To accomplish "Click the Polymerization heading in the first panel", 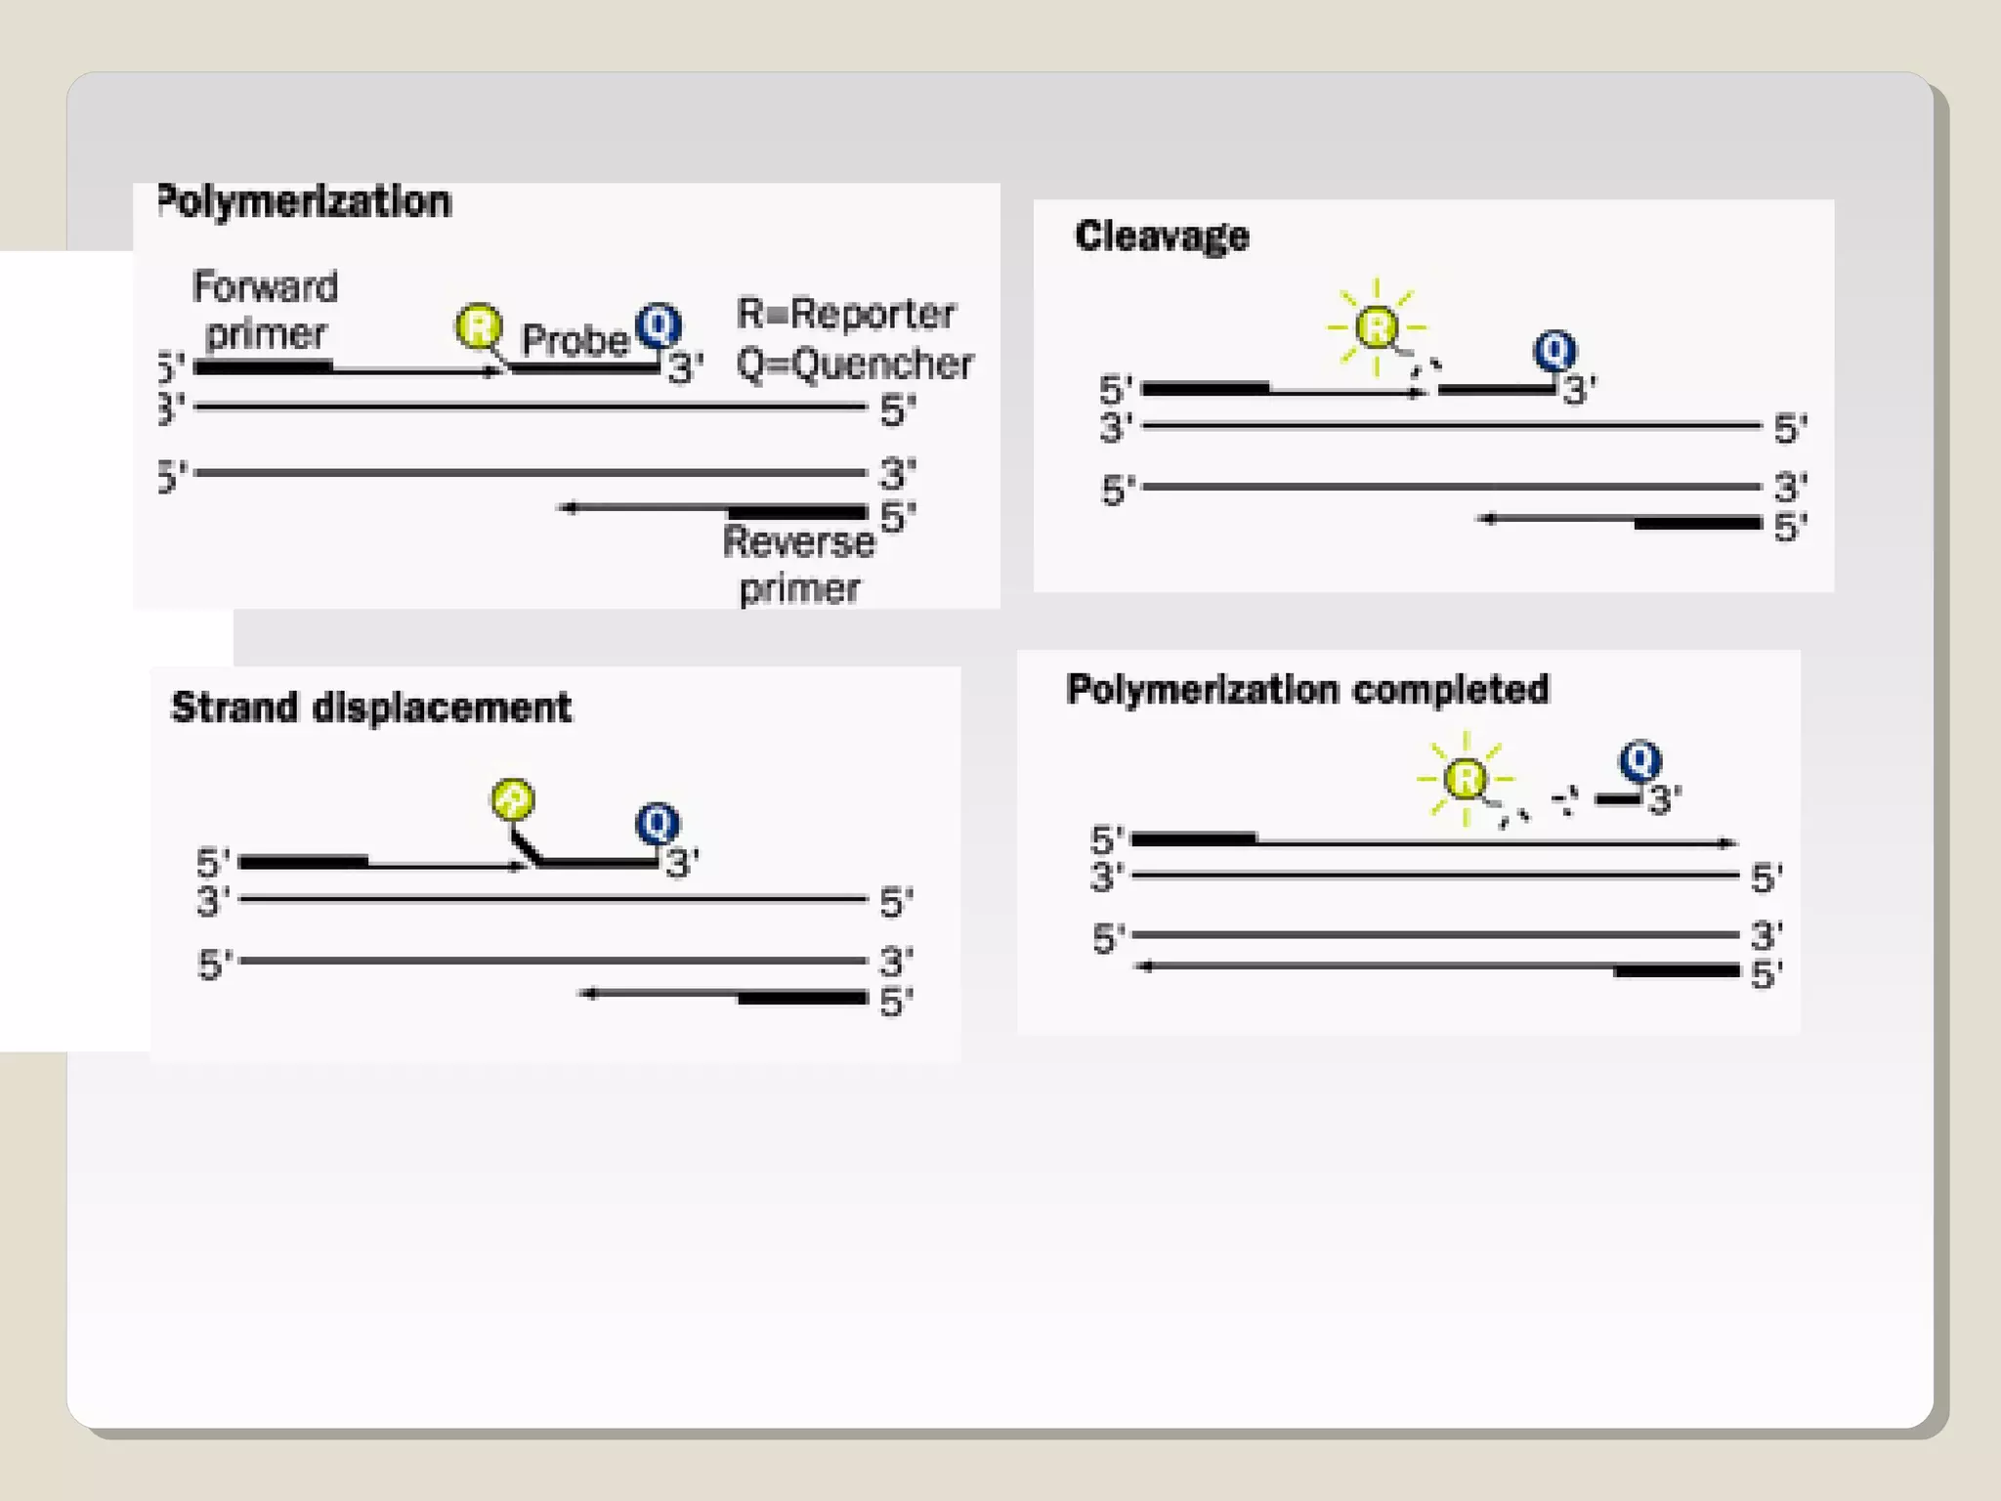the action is (x=305, y=202).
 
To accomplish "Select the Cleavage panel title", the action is (x=1162, y=236).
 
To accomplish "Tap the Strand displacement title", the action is (x=371, y=708).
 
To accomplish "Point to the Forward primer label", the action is (x=265, y=310).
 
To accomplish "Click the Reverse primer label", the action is (x=798, y=565).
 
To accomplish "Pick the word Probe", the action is (x=575, y=340).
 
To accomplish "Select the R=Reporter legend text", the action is (x=846, y=314).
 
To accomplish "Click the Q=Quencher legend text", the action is (x=855, y=365).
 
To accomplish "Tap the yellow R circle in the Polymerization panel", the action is (x=479, y=325).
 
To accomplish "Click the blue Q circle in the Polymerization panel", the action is (x=659, y=324).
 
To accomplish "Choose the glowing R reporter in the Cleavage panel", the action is (x=1377, y=327).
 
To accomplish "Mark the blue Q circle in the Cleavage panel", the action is (x=1554, y=350).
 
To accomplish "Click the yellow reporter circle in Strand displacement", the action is (x=513, y=799).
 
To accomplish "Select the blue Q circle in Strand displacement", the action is (x=658, y=823).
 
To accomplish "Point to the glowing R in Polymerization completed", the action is (x=1465, y=779).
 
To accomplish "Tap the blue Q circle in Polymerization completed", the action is (x=1640, y=759).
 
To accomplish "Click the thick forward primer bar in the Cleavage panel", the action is (x=1206, y=389).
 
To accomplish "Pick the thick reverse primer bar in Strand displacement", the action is (x=802, y=998).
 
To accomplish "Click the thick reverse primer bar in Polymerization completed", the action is (x=1677, y=970).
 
